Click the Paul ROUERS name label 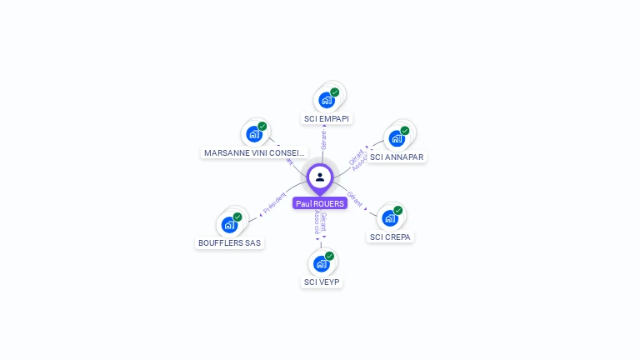coord(320,203)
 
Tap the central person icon coord(320,177)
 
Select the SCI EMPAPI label coord(327,118)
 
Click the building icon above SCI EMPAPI coord(327,100)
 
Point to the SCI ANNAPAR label coord(397,157)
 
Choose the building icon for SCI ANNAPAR coord(397,138)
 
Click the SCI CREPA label coord(390,237)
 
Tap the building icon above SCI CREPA coord(390,218)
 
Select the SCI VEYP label coord(322,282)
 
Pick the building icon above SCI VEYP coord(322,263)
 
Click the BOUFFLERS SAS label coord(229,243)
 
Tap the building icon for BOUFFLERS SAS coord(229,224)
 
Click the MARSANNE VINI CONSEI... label coord(255,153)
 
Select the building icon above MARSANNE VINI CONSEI coord(254,134)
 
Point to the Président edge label coord(274,204)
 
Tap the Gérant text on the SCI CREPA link coord(355,198)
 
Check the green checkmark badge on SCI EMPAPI coord(335,92)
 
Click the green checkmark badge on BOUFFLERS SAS coord(237,217)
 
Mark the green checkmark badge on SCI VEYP coord(330,256)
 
